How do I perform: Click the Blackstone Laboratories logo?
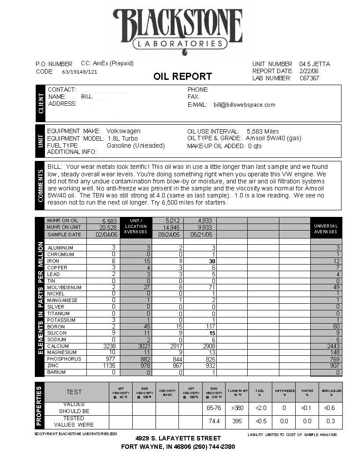(178, 31)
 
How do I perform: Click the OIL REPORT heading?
(182, 76)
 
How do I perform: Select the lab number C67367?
(309, 78)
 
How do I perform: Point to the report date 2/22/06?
(308, 71)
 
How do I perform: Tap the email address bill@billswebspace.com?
(245, 105)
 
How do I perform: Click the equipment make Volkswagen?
(123, 131)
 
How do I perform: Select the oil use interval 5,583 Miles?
(263, 131)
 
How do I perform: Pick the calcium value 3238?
(108, 347)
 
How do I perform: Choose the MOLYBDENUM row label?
(64, 287)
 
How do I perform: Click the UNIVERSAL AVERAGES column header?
(326, 229)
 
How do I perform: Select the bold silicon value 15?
(212, 333)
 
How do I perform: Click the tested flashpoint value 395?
(237, 421)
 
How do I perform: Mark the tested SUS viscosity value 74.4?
(214, 421)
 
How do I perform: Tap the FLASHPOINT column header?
(237, 392)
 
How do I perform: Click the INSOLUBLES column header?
(330, 392)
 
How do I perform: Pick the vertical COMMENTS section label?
(41, 186)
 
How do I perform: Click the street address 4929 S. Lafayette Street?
(178, 438)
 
